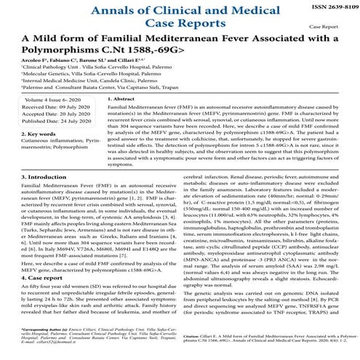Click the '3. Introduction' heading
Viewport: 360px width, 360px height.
(x=28, y=177)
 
